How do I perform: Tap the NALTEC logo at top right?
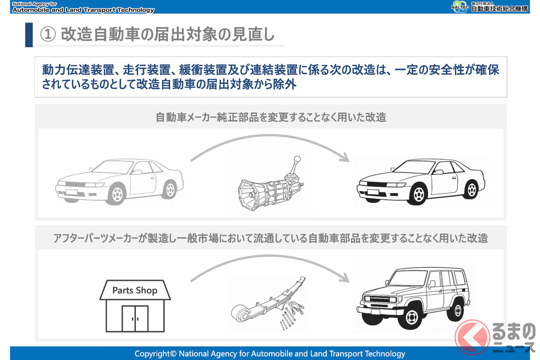459,7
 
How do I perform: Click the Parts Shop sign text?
135,290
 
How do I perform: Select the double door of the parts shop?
135,318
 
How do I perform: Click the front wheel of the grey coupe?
117,193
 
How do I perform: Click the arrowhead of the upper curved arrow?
344,158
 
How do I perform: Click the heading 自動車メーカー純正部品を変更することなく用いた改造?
270,118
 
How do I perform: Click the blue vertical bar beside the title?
29,35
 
